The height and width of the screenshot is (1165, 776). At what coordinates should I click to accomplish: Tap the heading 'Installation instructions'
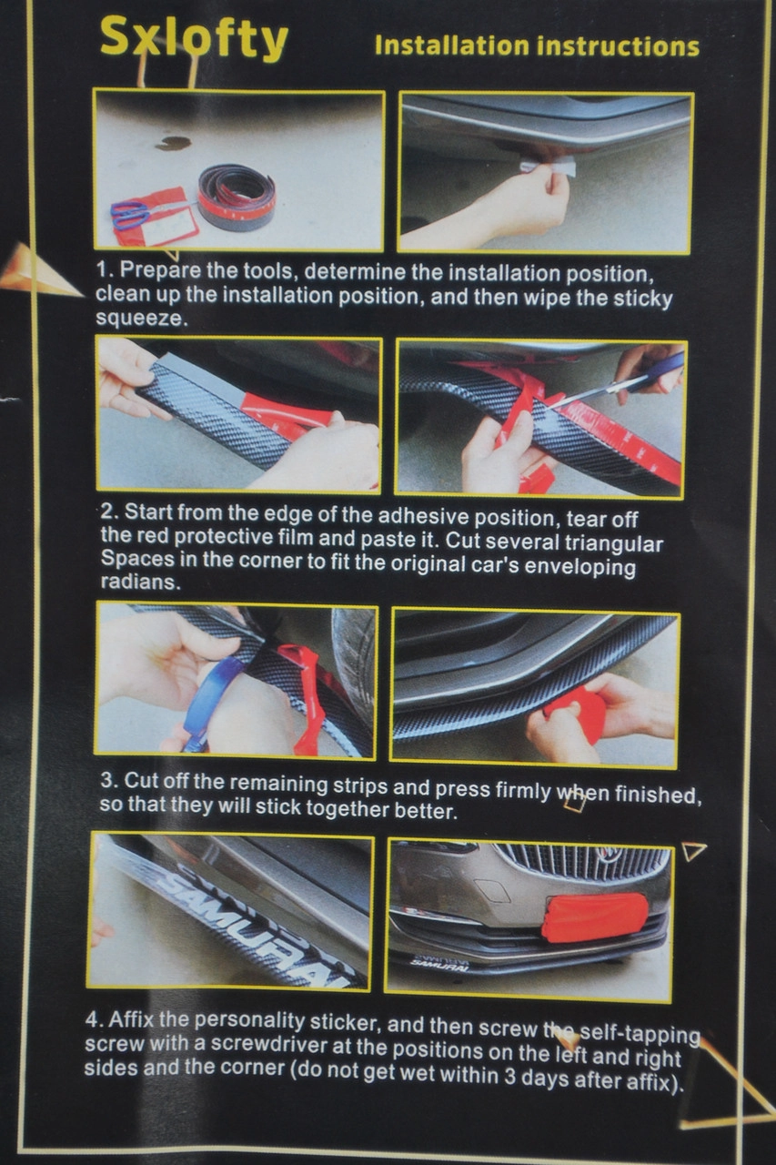(537, 46)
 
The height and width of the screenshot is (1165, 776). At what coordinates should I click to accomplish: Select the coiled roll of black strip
(237, 195)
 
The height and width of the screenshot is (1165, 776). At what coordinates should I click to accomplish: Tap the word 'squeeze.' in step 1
(141, 319)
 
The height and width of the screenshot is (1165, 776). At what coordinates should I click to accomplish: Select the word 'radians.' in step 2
(140, 582)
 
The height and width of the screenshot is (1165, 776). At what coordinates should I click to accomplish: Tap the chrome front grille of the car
(582, 862)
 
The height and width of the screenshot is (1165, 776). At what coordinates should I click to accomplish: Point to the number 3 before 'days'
(509, 1077)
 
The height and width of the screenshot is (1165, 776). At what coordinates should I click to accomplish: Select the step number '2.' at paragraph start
(110, 512)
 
